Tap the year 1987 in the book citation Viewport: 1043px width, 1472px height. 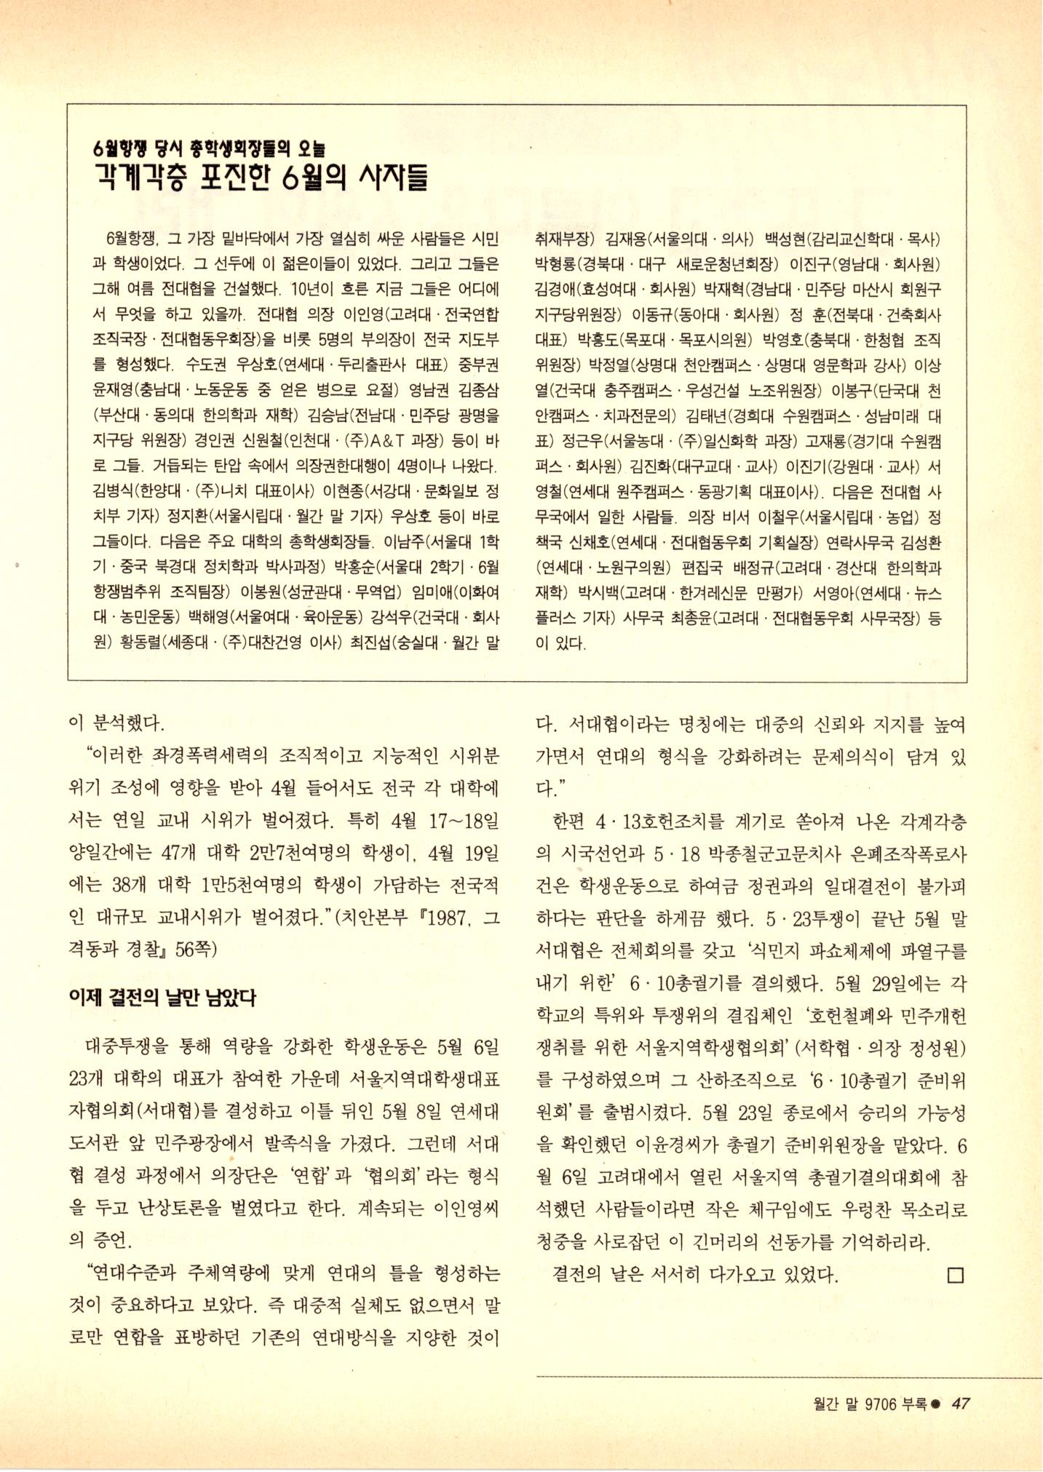[x=450, y=919]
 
